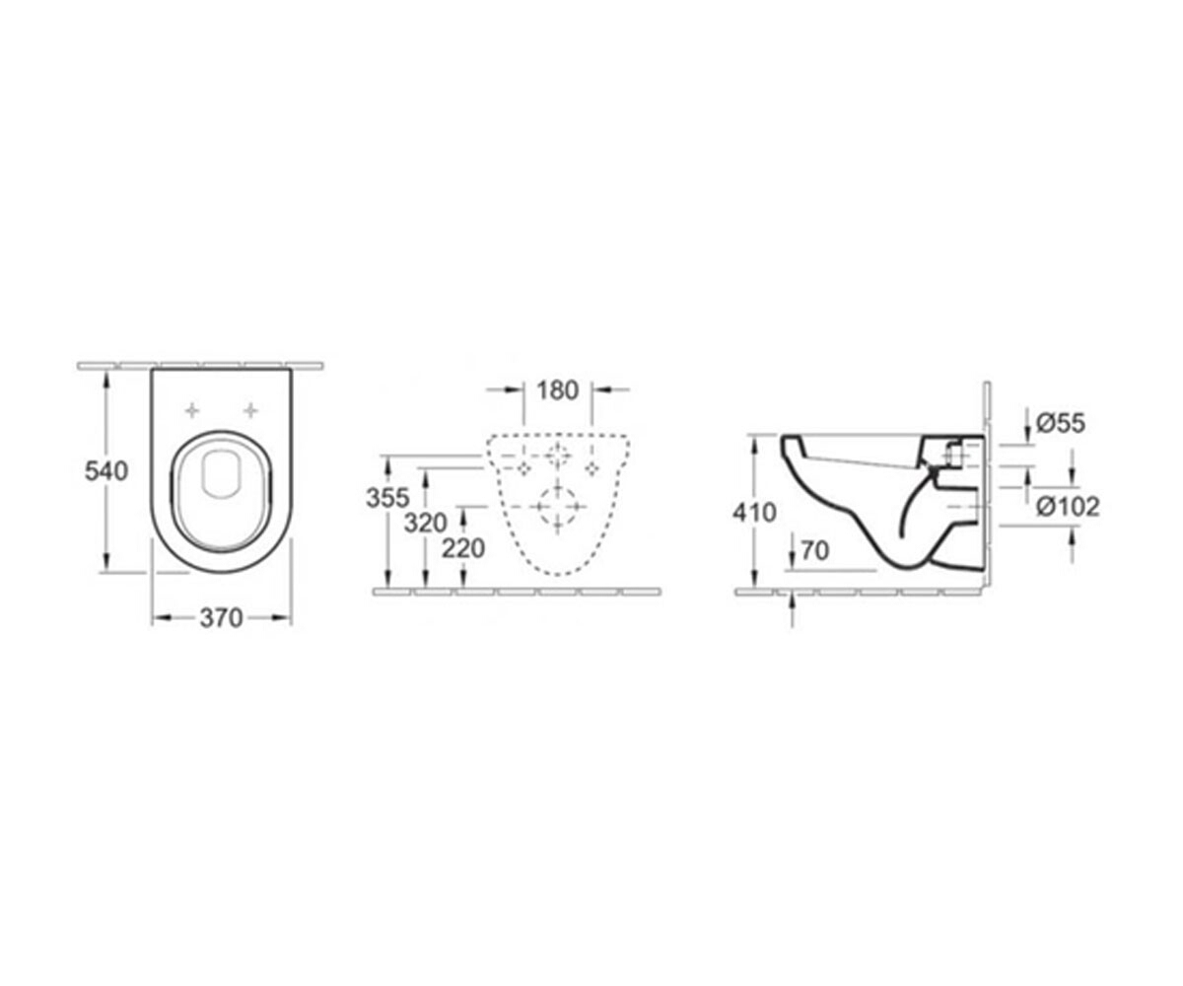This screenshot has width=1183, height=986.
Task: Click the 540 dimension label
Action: (106, 470)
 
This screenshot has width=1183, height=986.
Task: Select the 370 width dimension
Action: (221, 618)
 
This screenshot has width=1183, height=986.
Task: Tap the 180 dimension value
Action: (558, 389)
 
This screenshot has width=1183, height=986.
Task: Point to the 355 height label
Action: (387, 498)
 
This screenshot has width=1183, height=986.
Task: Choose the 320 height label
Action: (426, 523)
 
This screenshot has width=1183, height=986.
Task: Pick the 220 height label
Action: (463, 548)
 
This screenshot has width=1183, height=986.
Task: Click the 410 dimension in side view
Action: (754, 513)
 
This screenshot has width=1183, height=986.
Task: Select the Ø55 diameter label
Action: (1061, 423)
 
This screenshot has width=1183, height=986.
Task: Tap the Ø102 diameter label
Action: (1068, 507)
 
